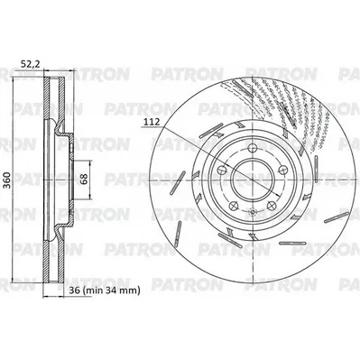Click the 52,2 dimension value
(x=30, y=64)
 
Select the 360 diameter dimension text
(x=8, y=180)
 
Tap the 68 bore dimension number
(x=84, y=179)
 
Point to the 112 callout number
(x=152, y=123)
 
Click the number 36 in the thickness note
(x=74, y=291)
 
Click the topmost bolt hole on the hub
(x=253, y=148)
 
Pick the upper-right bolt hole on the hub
(x=283, y=170)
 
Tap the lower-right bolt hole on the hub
(x=272, y=206)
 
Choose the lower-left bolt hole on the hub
(x=234, y=206)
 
